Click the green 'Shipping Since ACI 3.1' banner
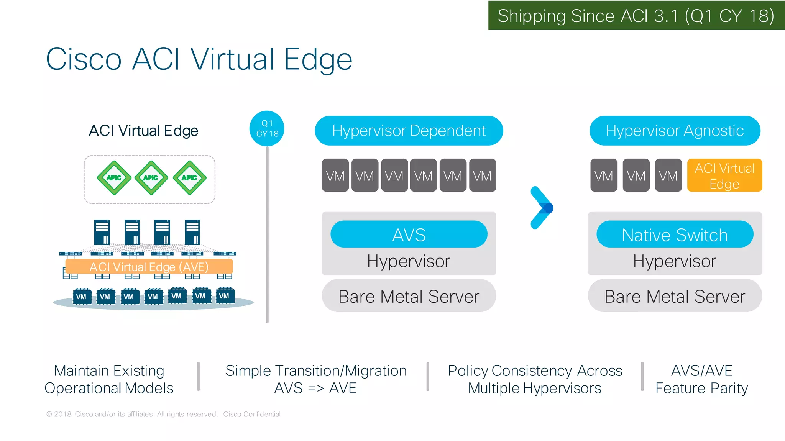pos(636,16)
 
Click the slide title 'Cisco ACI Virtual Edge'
pos(199,59)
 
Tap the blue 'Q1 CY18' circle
pos(267,129)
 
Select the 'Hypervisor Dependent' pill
pos(409,131)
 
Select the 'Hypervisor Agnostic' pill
pos(675,131)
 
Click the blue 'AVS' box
pos(409,234)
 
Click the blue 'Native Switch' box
pos(675,234)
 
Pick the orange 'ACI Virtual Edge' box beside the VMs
pos(724,175)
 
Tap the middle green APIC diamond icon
pos(151,178)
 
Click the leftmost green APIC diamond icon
pos(114,178)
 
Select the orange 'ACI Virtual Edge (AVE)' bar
pos(149,267)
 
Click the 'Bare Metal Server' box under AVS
pos(409,296)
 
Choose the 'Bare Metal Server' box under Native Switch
pos(675,296)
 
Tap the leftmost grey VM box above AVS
pos(335,175)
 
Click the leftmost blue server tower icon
pos(102,232)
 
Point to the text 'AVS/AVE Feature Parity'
pos(701,379)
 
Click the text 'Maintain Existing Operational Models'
pos(109,379)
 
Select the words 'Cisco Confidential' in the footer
pos(252,414)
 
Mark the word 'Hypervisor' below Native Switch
pos(675,261)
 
